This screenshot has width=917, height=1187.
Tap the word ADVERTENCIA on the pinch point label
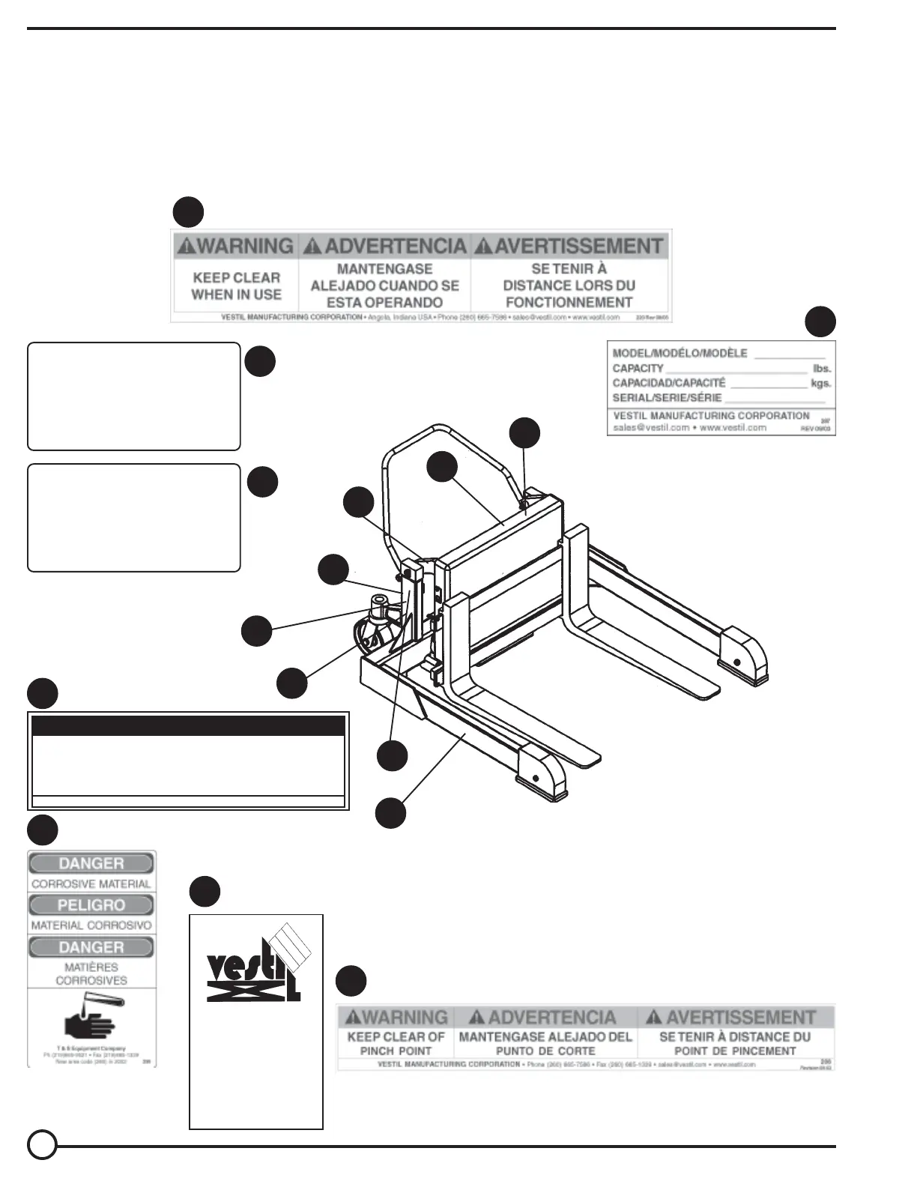tap(552, 1018)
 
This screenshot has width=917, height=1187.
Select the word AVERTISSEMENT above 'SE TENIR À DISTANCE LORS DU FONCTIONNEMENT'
tap(578, 247)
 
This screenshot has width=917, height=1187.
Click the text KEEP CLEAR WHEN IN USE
tap(236, 286)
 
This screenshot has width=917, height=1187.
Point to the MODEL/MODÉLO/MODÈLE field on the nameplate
tap(680, 353)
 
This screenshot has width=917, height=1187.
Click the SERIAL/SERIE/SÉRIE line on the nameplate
tap(667, 398)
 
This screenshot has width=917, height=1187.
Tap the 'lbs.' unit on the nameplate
tap(822, 369)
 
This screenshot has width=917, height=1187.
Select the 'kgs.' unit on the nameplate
tap(821, 384)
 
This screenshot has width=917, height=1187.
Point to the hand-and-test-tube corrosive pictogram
tap(91, 1020)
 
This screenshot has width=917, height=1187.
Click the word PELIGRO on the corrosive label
tap(91, 905)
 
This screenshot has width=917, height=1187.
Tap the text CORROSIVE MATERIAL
tap(91, 884)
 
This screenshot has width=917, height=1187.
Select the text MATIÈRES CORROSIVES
tap(91, 973)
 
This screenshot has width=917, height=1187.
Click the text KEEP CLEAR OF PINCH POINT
tap(396, 1044)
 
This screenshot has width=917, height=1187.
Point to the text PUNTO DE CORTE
tap(545, 1051)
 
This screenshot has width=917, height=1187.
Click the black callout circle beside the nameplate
tap(820, 321)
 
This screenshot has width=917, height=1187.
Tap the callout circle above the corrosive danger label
tap(43, 830)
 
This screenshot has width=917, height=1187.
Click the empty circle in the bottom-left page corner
tap(43, 1145)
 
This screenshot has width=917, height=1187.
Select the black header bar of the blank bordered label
tap(189, 726)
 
